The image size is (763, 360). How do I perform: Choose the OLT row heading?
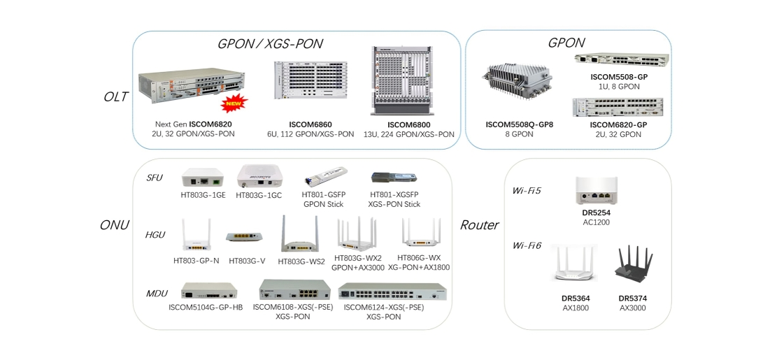[x=115, y=96]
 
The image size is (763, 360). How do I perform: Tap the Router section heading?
[x=479, y=225]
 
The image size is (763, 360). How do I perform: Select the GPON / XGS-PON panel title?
[x=270, y=44]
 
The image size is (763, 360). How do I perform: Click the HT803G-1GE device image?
[x=201, y=178]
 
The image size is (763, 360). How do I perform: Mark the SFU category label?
[x=155, y=178]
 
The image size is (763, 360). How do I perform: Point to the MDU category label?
[x=157, y=292]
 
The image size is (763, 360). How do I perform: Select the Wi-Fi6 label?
[x=527, y=245]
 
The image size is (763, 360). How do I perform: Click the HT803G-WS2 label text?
[x=301, y=262]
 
